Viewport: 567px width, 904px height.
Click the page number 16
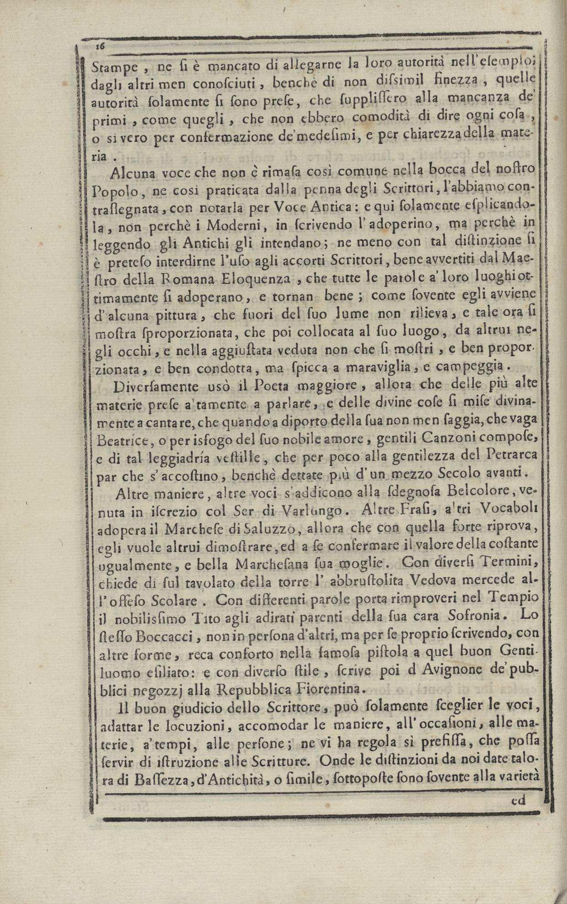101,46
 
